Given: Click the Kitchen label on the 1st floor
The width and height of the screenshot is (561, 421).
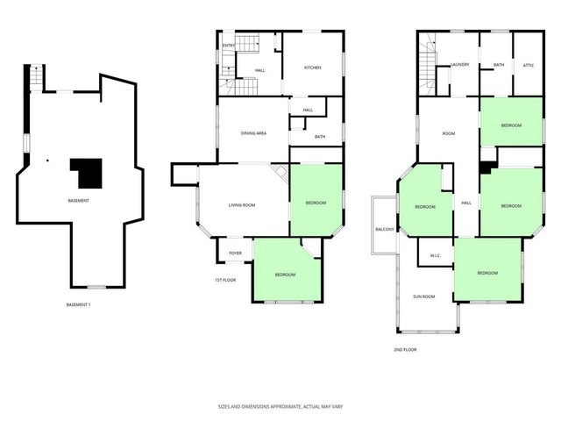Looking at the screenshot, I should point(313,68).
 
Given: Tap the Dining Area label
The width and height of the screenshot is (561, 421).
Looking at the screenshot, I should point(253,132).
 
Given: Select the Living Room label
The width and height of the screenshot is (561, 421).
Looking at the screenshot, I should point(242,205).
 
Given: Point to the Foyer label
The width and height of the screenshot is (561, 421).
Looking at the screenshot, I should point(235,253).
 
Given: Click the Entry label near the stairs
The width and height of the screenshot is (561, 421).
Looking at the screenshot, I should point(228,46).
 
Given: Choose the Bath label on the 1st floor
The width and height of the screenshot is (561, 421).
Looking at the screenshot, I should point(320,137).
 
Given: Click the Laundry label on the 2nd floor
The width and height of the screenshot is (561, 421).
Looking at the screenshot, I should point(460,65).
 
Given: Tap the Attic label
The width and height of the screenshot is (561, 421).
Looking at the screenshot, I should point(528,65).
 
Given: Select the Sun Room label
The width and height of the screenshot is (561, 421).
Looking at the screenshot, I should point(424,296).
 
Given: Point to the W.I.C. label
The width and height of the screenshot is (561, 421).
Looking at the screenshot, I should point(435,256).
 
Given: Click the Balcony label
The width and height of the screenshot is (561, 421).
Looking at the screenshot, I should point(385,229).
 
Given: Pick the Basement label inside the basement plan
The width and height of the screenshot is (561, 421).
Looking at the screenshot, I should point(78,200).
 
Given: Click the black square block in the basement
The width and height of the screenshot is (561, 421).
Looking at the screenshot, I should point(88,172).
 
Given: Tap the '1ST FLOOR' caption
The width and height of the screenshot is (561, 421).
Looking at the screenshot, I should point(225,280).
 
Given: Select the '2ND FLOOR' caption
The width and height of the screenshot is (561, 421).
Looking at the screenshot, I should point(405,349).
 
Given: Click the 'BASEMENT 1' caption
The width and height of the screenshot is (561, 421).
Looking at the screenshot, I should point(79,304).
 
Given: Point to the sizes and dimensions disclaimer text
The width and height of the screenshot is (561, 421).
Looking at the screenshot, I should point(280,407).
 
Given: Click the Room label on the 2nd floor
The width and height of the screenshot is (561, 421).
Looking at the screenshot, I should point(448,133).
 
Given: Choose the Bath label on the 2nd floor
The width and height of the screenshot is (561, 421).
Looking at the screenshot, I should point(499,65).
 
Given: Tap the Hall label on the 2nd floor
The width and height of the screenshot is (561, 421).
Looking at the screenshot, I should point(465,203).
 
